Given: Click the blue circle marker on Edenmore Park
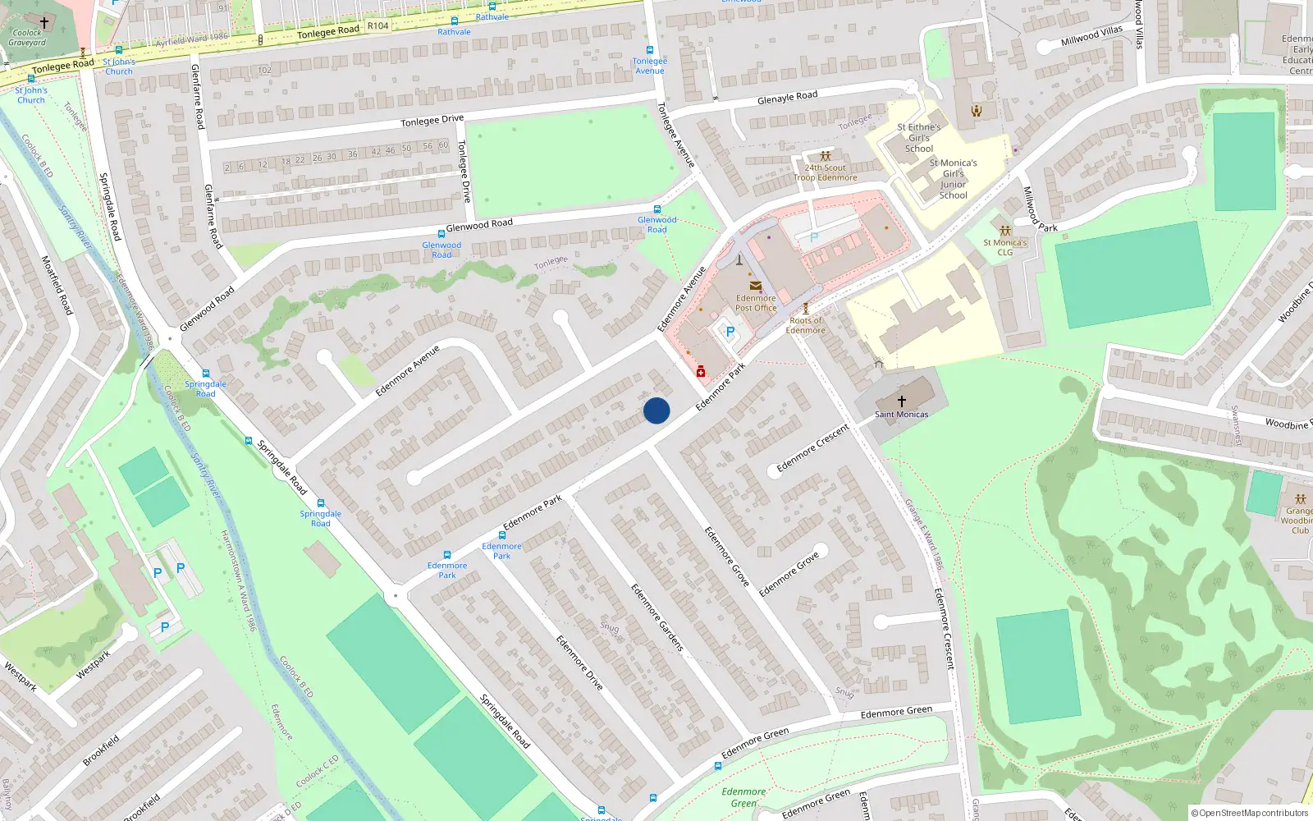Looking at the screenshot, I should [x=656, y=410].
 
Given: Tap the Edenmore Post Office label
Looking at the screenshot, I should [x=756, y=303].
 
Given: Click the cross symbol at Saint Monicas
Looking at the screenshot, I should [x=901, y=401].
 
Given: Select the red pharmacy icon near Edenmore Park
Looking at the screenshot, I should [x=701, y=372].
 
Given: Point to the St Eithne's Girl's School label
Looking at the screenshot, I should [x=919, y=138].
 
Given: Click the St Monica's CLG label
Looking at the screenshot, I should [x=1005, y=247].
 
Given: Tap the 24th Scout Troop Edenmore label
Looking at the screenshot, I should [x=825, y=172].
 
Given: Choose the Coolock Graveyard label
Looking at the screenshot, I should [x=27, y=38].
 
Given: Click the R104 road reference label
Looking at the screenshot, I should [x=377, y=25].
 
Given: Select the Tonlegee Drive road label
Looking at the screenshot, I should [x=432, y=121].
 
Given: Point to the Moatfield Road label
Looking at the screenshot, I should [x=57, y=285].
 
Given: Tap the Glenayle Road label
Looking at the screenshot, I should [x=787, y=97].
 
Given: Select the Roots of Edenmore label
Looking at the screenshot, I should [x=806, y=325].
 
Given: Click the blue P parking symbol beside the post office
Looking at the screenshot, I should [x=730, y=333].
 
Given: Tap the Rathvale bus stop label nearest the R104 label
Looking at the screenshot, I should [x=454, y=32].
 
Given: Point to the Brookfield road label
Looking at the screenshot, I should [x=101, y=750].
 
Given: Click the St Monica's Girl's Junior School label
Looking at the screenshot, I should [x=953, y=179].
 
